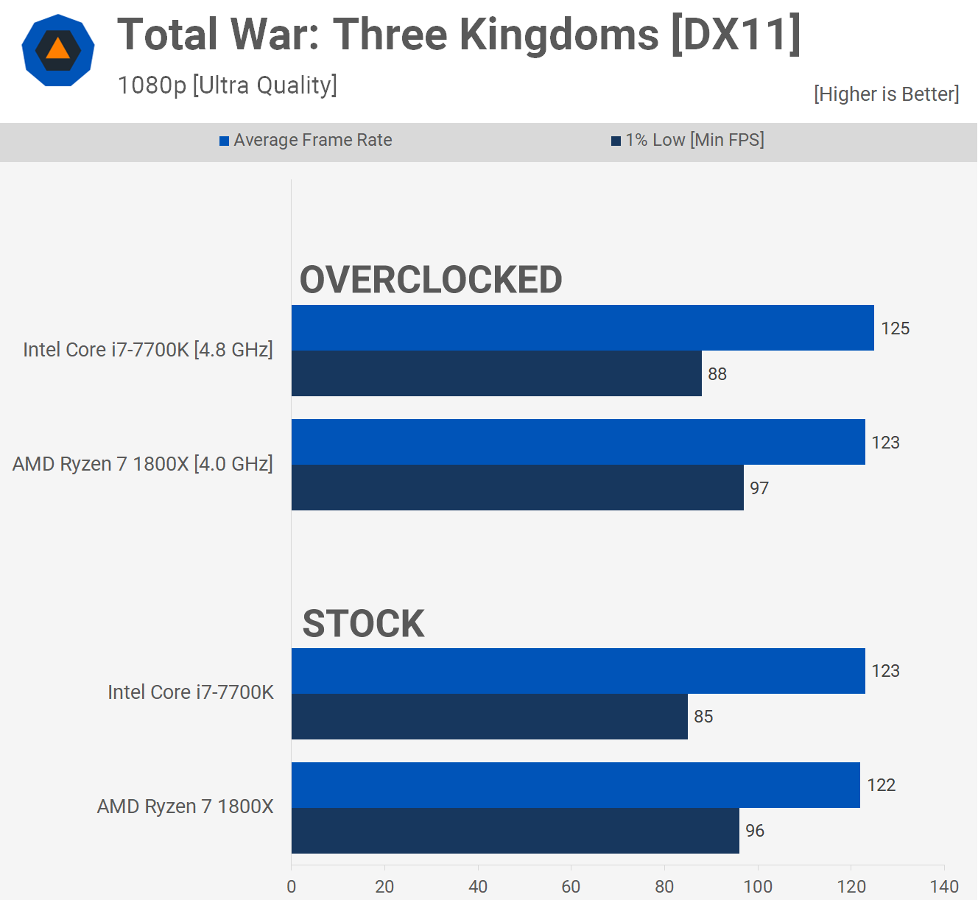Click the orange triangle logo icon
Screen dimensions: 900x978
pos(57,50)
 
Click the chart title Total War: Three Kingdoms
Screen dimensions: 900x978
pos(458,35)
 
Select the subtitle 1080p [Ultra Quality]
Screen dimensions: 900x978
pos(227,85)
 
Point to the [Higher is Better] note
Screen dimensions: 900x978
pos(886,94)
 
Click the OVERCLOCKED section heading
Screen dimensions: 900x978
pos(431,280)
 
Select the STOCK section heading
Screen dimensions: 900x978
pos(363,624)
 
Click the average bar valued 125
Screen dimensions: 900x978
pos(583,328)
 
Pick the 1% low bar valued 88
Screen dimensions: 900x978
pos(496,373)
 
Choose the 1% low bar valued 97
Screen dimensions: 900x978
pos(517,488)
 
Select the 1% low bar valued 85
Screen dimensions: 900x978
pos(490,717)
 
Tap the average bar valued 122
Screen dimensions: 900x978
pos(575,785)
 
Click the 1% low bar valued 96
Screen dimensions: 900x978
pos(515,831)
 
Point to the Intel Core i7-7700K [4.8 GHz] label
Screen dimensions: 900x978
pos(148,350)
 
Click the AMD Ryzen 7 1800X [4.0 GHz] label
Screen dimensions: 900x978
pos(143,464)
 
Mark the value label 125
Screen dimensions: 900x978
pos(896,328)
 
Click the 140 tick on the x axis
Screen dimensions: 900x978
pos(944,887)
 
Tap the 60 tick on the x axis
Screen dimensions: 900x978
pos(571,887)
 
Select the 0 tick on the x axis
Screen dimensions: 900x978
pos(292,887)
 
